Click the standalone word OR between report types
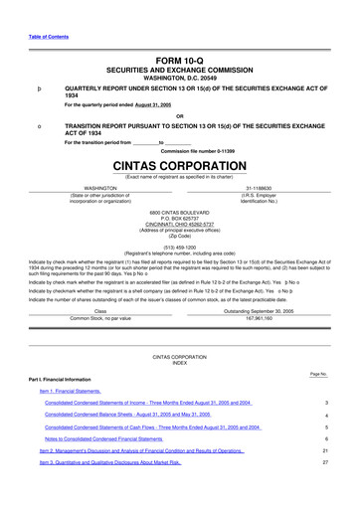click(x=179, y=115)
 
